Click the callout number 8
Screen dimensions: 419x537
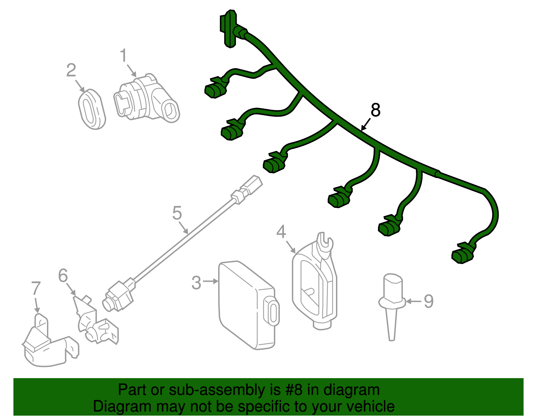tap(375, 110)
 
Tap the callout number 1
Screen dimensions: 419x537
tap(124, 56)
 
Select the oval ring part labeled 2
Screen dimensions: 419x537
tap(92, 109)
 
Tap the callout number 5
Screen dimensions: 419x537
tap(177, 213)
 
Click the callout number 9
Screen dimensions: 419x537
tap(429, 301)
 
